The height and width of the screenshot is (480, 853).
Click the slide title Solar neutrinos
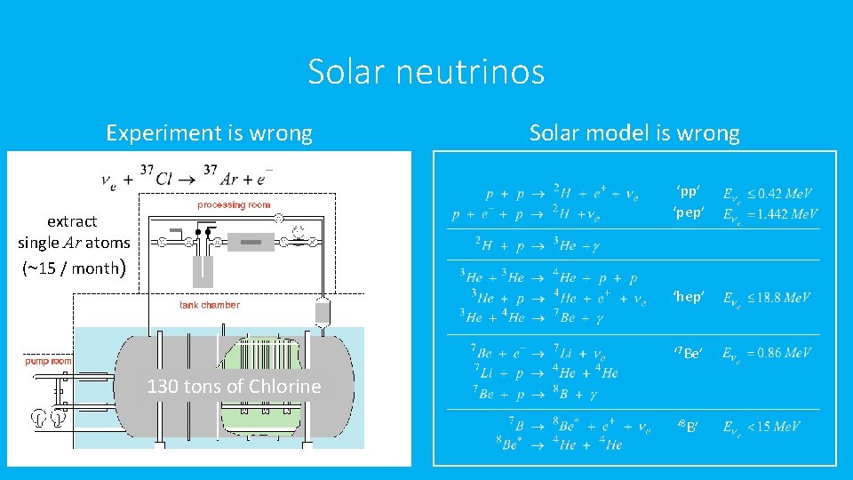(426, 72)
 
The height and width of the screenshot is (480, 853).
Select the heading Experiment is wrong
(209, 133)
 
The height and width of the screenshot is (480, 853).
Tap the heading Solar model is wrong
(634, 133)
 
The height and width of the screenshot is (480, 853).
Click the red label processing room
(234, 204)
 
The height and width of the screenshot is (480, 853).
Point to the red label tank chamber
(209, 305)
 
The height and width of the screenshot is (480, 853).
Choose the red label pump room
(48, 361)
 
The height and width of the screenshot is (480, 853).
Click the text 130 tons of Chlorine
(234, 387)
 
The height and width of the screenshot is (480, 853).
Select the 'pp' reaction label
(688, 192)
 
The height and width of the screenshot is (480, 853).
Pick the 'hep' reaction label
(688, 297)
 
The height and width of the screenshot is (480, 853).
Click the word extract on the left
(72, 221)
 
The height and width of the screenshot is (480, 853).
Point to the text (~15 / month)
(75, 268)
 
